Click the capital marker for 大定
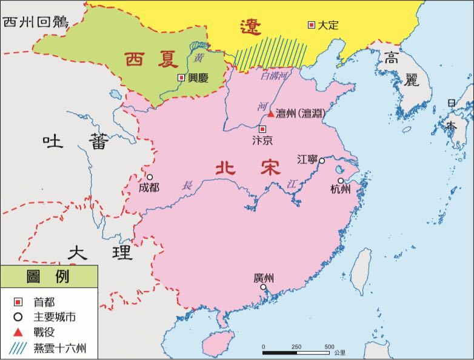(312, 25)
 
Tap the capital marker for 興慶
(181, 78)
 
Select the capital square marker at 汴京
(262, 129)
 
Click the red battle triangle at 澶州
(270, 113)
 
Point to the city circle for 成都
(150, 177)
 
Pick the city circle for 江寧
(322, 161)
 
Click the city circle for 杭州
(341, 181)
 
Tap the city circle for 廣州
(263, 287)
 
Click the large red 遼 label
(250, 27)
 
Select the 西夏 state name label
(152, 59)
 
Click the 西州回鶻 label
(36, 22)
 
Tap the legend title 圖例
(48, 276)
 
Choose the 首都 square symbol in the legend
(18, 301)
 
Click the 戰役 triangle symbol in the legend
(18, 332)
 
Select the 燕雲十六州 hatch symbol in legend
(18, 348)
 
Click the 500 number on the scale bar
(329, 347)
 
